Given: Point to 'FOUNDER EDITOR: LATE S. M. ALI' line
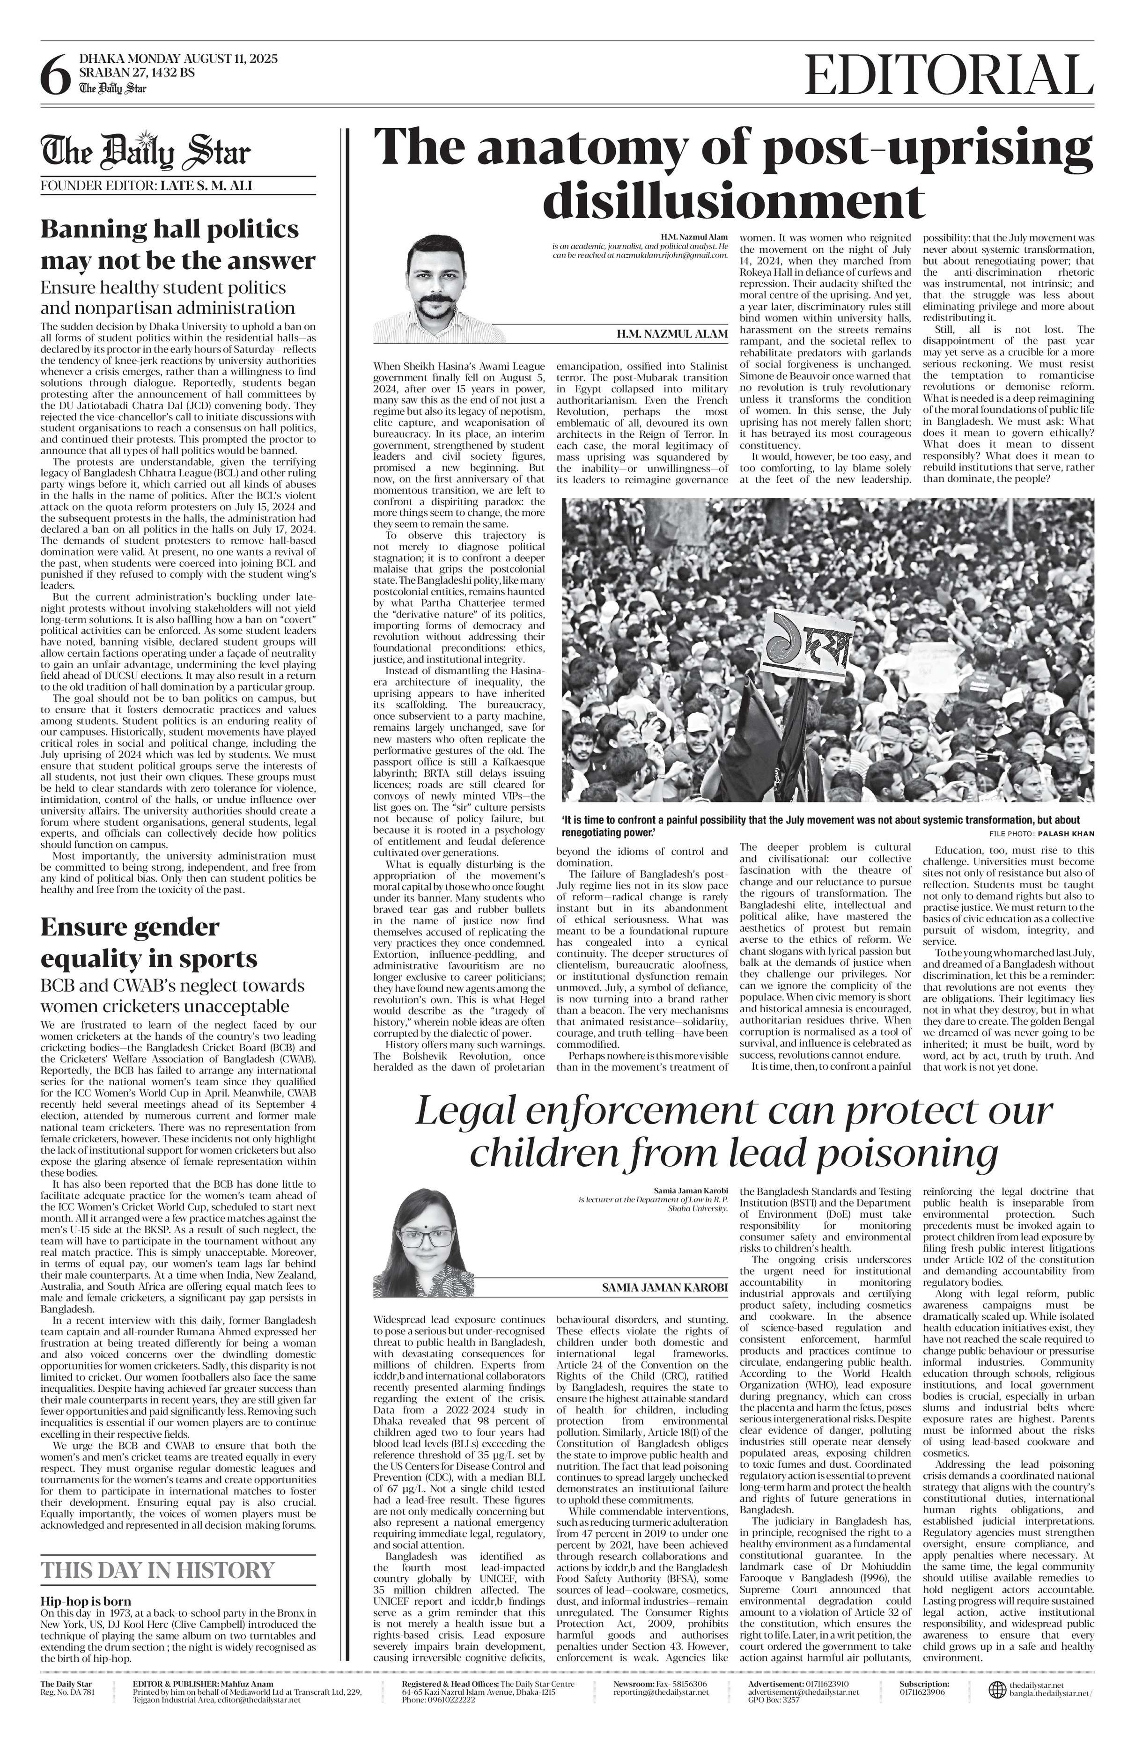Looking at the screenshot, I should [x=147, y=186].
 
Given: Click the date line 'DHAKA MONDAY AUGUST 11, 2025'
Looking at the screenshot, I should [x=178, y=59].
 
